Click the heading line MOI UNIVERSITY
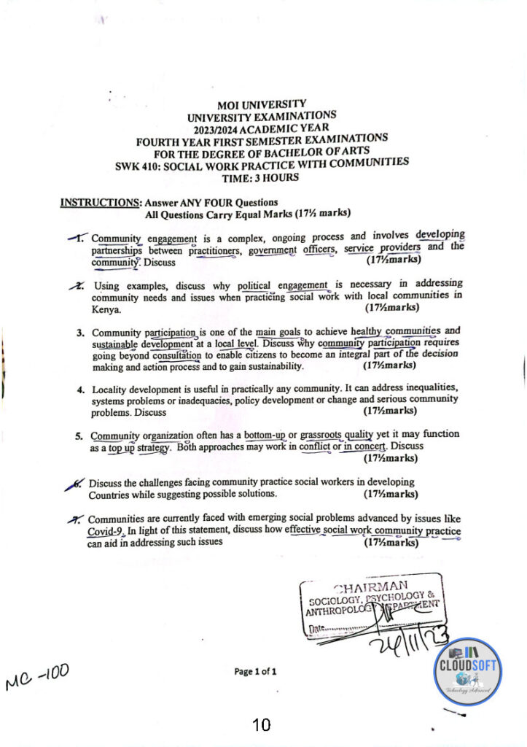(262, 104)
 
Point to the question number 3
(80, 333)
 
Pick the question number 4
(80, 389)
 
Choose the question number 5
(80, 437)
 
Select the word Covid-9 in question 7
(106, 531)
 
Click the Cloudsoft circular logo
(469, 670)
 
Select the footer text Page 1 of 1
(255, 670)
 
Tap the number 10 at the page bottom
(261, 724)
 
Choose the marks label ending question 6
(390, 494)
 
